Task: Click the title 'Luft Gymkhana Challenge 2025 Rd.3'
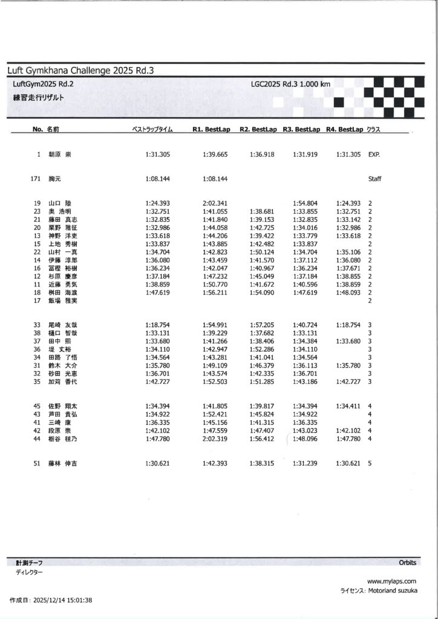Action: coord(80,71)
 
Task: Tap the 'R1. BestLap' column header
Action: coord(210,129)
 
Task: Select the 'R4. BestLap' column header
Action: coord(344,129)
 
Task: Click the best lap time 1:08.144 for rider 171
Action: coord(158,179)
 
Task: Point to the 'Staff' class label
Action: coord(374,179)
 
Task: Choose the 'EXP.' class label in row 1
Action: coord(374,155)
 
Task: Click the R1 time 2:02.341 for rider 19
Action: coord(215,203)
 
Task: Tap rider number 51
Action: coord(37,463)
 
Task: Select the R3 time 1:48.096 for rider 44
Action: coord(305,439)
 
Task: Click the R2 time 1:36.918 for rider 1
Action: coord(262,155)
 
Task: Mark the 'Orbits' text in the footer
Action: coord(407,562)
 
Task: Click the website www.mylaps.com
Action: coord(391,581)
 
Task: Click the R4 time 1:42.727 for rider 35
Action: coord(348,381)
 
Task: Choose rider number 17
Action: coord(37,300)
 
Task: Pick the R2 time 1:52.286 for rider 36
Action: coord(262,349)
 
